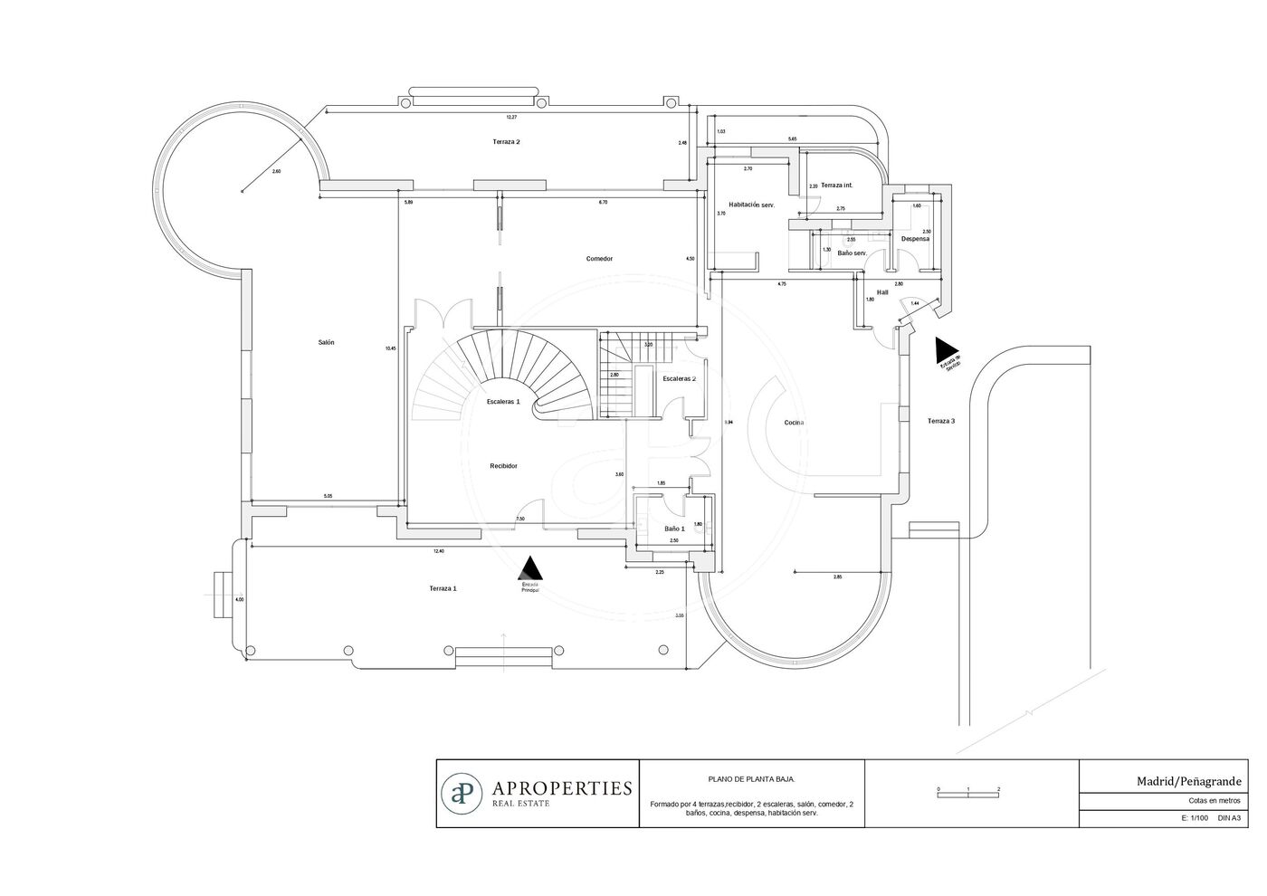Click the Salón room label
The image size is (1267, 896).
coord(326,342)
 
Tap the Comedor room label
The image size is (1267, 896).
coord(599,259)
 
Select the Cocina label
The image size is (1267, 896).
coord(794,423)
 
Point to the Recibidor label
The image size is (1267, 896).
coord(503,466)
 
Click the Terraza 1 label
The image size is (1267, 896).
coord(443,588)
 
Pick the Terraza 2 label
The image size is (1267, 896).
coord(506,142)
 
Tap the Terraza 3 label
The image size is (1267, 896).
coord(940,421)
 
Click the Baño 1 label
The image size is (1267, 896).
coord(674,529)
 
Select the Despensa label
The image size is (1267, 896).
coord(915,239)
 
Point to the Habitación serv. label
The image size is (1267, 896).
coord(751,205)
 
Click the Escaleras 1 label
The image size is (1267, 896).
coord(502,401)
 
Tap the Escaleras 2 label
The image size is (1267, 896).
coord(679,378)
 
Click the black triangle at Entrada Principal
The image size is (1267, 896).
coord(530,568)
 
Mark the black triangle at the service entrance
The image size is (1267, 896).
coord(948,349)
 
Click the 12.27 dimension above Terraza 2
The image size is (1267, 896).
coord(511,117)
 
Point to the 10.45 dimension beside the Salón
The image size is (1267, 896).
coord(390,348)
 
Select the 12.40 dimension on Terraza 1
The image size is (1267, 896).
coord(439,551)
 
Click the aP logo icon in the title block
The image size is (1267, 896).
coord(462,793)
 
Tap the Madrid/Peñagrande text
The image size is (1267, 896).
coord(1189,781)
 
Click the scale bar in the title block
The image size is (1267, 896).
coord(968,793)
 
